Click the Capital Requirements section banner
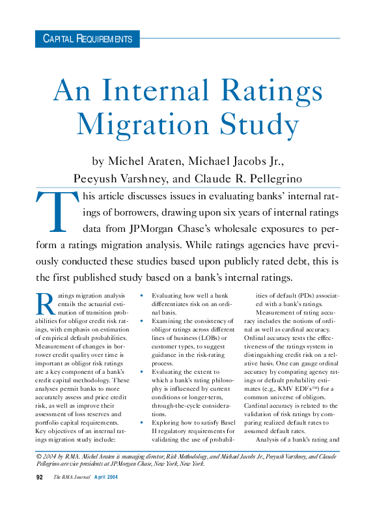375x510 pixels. click(x=87, y=39)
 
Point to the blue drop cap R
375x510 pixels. click(x=44, y=304)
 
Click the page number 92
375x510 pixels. click(x=39, y=496)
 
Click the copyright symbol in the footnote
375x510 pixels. click(x=39, y=456)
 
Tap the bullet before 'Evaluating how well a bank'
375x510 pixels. click(x=141, y=295)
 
